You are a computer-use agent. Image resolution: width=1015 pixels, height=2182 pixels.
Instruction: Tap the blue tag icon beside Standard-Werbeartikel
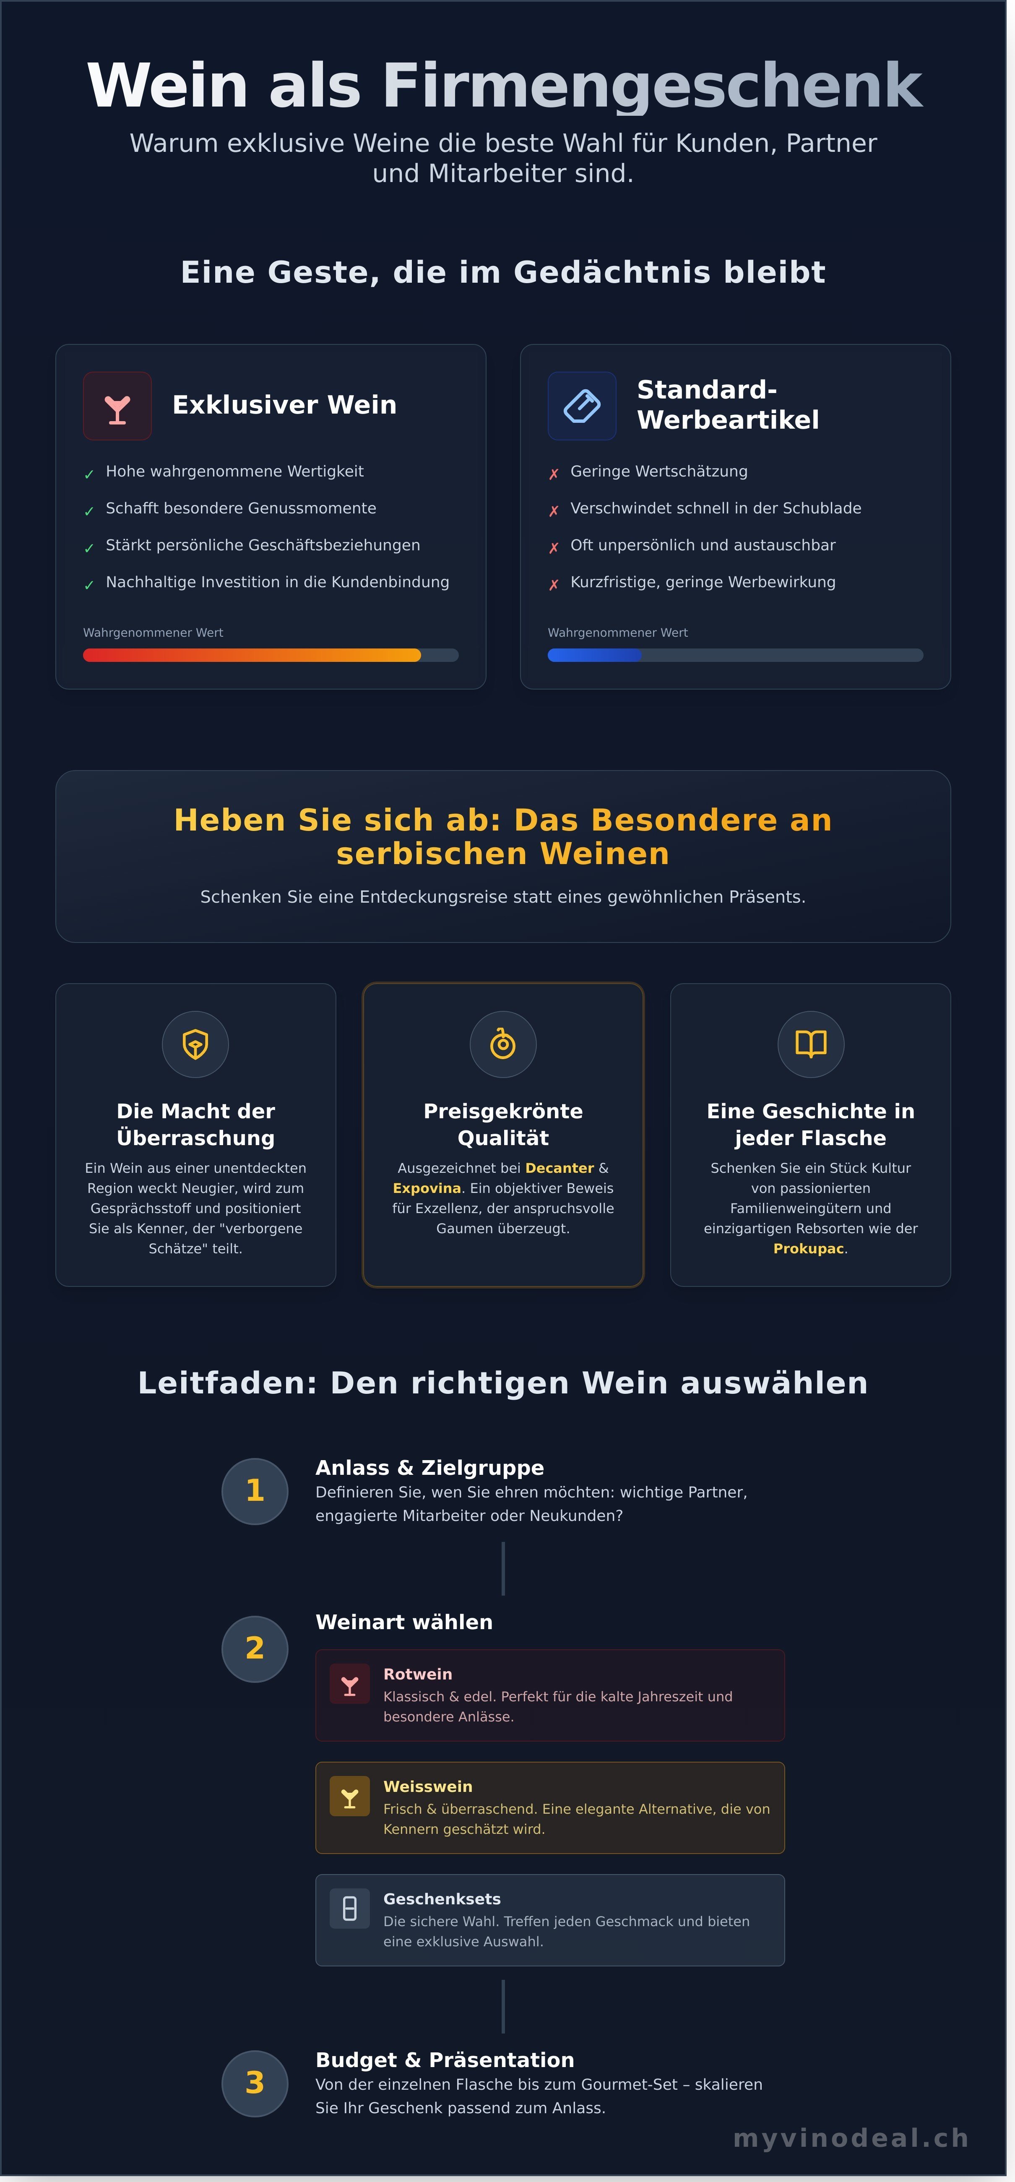[x=582, y=406]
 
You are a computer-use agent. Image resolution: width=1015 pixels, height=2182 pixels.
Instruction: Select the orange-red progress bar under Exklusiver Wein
[x=252, y=655]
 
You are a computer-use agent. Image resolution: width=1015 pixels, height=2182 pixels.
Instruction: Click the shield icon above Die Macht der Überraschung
[x=196, y=1044]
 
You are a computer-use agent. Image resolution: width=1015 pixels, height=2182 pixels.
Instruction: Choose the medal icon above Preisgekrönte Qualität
[x=503, y=1044]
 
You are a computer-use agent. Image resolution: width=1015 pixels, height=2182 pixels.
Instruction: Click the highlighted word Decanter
[x=559, y=1168]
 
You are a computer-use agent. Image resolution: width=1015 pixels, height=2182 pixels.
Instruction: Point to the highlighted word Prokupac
[x=808, y=1249]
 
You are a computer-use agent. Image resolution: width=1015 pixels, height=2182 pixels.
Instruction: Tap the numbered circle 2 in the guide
[x=255, y=1648]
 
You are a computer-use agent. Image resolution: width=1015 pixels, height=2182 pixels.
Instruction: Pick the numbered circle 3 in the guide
[x=255, y=2083]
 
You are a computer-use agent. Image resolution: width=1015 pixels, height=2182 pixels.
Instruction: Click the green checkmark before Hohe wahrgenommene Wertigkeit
[x=89, y=474]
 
